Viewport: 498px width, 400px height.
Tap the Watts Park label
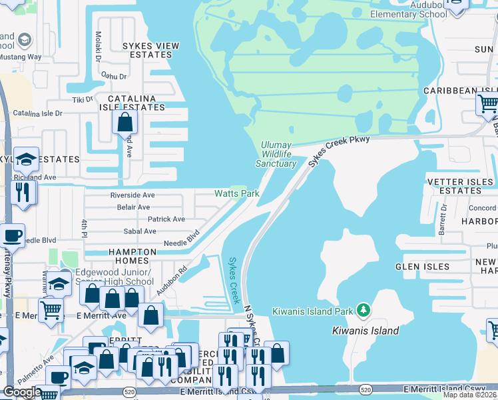236,193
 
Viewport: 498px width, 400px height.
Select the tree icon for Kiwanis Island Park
363,309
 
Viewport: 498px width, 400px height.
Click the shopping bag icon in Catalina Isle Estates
124,122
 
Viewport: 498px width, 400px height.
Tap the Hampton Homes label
132,257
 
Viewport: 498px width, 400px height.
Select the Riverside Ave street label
132,195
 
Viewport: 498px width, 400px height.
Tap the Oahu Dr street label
113,77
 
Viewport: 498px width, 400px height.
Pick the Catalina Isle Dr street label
37,113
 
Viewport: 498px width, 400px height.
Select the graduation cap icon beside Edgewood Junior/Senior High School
59,284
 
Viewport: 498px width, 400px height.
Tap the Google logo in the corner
22,392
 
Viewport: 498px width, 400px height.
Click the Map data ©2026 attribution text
471,395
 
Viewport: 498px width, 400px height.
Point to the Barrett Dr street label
443,219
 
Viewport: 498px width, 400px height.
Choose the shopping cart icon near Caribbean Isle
487,104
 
